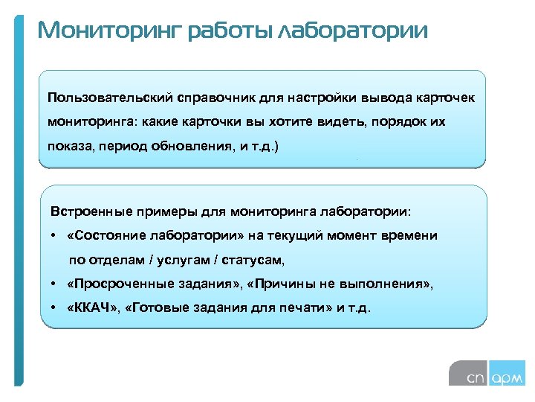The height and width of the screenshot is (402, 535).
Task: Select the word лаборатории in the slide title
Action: coord(352,31)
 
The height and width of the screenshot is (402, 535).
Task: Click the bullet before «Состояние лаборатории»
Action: coord(55,236)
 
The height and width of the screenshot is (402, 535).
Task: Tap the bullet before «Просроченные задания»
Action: coord(55,284)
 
